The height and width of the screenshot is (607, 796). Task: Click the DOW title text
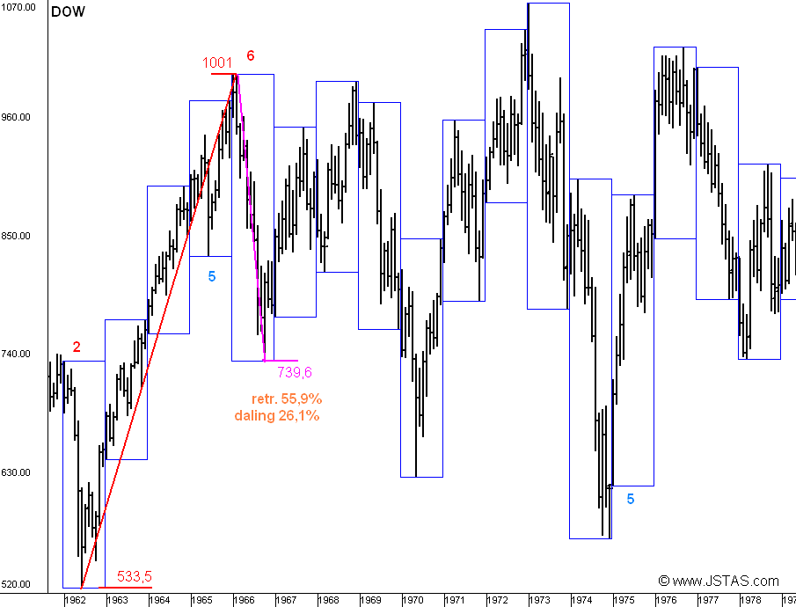coord(68,13)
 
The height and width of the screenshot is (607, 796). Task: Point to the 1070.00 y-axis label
coord(18,7)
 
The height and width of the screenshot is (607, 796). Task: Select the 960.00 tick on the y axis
coord(17,117)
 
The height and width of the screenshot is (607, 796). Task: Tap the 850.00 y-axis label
coord(17,236)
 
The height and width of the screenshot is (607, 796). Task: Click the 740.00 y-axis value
coord(17,354)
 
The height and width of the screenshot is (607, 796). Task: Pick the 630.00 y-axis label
coord(17,472)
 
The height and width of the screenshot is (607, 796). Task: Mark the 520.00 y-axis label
coord(17,584)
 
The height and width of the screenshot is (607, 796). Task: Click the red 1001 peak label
coord(217,62)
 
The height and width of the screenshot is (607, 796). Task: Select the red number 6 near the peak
coord(251,56)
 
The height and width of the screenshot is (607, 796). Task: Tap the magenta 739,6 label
coord(295,372)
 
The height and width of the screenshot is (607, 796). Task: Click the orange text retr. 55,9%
coord(287,399)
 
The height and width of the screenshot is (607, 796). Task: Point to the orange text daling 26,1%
coord(277,415)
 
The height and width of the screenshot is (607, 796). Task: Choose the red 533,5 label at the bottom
coord(135,576)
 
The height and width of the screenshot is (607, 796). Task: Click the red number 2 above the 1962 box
coord(77,347)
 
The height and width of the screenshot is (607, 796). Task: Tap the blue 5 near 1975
coord(631,499)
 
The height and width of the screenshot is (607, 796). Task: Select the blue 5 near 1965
coord(212,276)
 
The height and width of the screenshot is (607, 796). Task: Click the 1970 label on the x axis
coord(413,600)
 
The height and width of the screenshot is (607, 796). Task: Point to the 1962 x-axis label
coord(75,600)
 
